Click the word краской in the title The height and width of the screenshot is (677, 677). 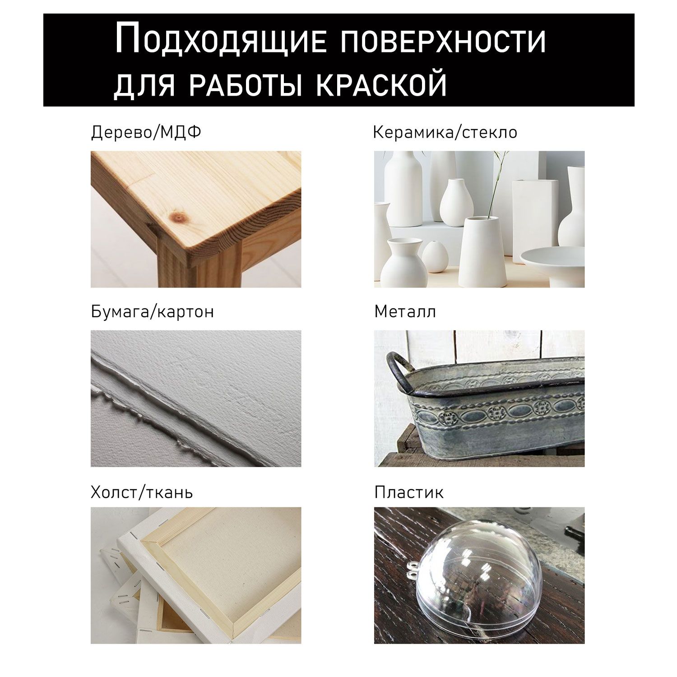click(381, 84)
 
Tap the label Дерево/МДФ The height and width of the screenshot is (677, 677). click(146, 133)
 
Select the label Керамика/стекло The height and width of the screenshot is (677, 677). click(445, 133)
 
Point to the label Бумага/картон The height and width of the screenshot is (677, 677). click(152, 312)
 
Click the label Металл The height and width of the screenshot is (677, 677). click(405, 312)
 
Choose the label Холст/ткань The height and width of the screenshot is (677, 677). click(142, 492)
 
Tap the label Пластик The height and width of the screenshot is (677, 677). click(408, 492)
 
